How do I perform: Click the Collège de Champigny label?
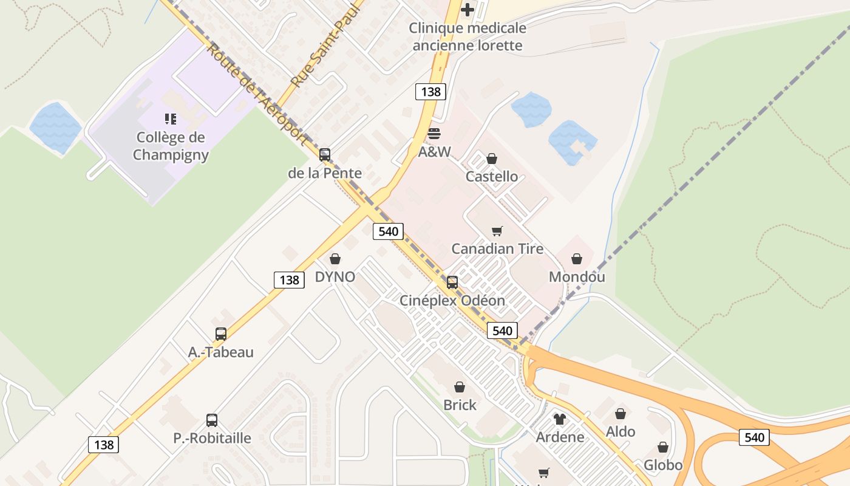click(x=171, y=146)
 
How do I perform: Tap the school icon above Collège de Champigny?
click(x=171, y=118)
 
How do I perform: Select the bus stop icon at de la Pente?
click(x=325, y=155)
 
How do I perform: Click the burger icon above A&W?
click(x=434, y=133)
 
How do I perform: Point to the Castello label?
click(x=492, y=177)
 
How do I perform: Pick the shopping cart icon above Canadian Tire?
click(x=497, y=231)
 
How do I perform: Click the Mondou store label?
click(x=577, y=277)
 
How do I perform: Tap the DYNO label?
click(x=335, y=277)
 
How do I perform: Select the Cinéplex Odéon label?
click(x=452, y=301)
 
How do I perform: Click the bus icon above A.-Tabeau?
click(x=221, y=334)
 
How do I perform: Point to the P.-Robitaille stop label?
click(x=212, y=438)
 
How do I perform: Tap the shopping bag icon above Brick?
click(x=460, y=387)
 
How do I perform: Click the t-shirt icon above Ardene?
click(x=560, y=419)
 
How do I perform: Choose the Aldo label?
click(x=620, y=432)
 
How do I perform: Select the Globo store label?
click(x=663, y=465)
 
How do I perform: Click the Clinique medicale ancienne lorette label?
click(x=467, y=36)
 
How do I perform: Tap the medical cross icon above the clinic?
click(x=467, y=10)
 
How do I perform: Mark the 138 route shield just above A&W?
click(x=430, y=92)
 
